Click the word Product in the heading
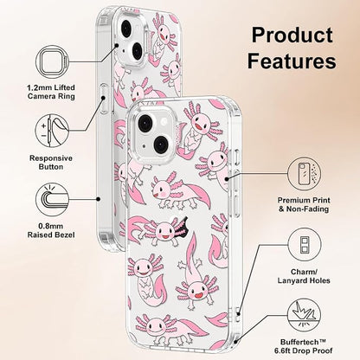292,35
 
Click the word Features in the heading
292,61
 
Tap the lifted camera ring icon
53,61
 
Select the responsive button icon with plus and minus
53,131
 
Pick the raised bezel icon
53,200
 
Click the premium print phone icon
304,173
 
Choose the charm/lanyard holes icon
304,245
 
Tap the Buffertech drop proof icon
304,315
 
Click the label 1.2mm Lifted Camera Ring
51,92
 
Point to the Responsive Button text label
51,163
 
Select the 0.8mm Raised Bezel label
51,230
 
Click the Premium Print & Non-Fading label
304,204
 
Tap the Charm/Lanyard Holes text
304,276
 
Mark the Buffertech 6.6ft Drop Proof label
304,346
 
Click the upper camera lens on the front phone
145,123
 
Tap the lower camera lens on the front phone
161,144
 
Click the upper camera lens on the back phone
126,29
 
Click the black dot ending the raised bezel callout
99,199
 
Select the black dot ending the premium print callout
227,179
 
